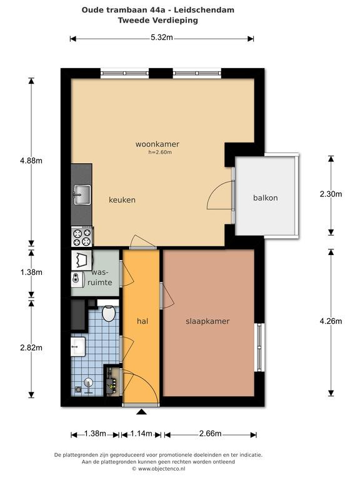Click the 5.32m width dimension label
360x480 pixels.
tap(162, 37)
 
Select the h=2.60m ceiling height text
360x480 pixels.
tap(160, 152)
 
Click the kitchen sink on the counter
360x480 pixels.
tap(82, 195)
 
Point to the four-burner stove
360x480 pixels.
tap(82, 237)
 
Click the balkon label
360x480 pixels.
tap(266, 197)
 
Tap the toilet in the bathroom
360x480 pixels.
tap(108, 313)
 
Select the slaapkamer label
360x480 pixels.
tap(207, 321)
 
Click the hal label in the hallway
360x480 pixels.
tap(142, 321)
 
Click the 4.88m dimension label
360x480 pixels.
tap(31, 161)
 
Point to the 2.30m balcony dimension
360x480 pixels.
tap(331, 194)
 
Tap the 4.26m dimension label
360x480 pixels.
tap(331, 321)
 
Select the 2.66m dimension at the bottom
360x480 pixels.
tap(210, 434)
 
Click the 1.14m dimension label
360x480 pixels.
tap(141, 434)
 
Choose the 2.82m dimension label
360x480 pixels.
tap(31, 347)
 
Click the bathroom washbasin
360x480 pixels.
tap(78, 346)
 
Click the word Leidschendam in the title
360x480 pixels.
tap(204, 10)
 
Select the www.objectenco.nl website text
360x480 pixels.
tap(161, 469)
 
